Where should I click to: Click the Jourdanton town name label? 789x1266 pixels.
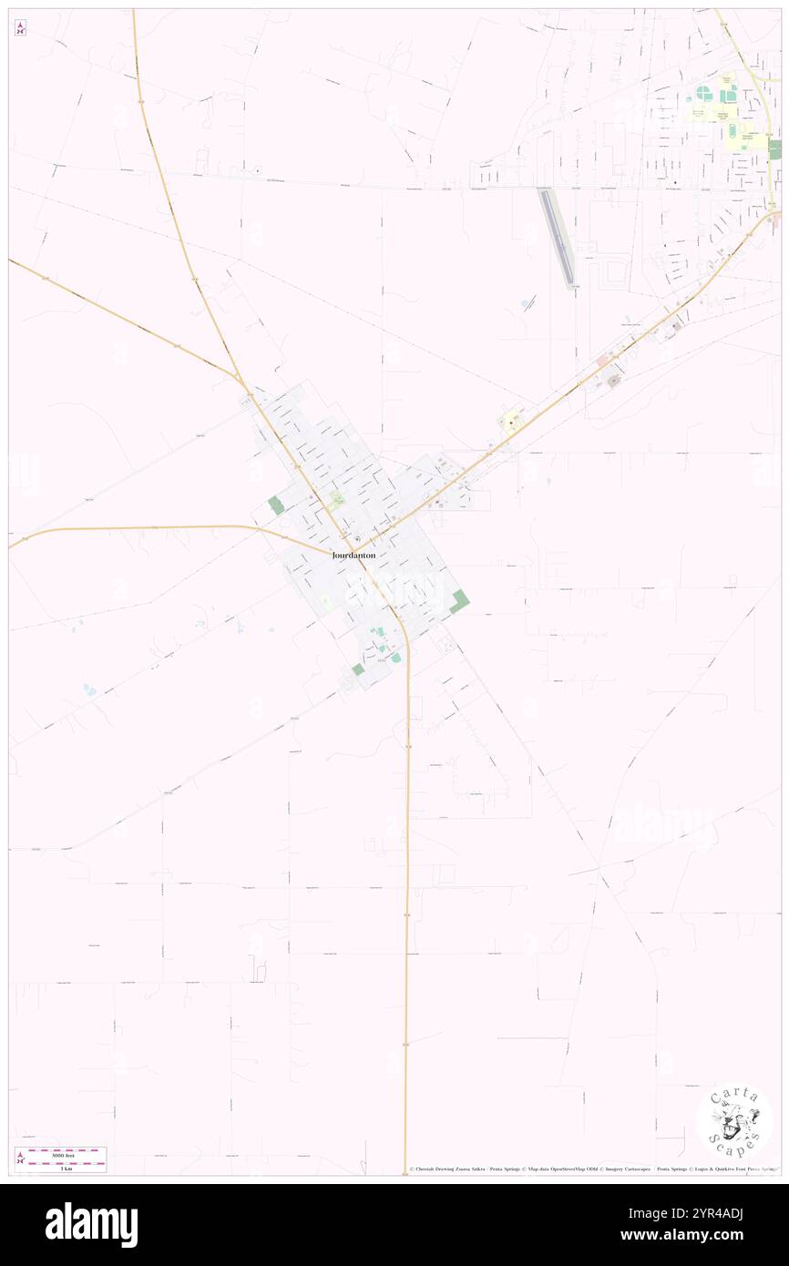click(354, 555)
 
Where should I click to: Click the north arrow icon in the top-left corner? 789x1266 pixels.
click(20, 29)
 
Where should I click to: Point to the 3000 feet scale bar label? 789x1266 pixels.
click(61, 1152)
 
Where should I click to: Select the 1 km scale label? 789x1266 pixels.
click(66, 1169)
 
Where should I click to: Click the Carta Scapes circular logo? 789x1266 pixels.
click(734, 1121)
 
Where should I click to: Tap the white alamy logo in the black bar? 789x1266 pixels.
click(91, 1225)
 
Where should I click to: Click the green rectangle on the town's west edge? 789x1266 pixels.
click(276, 505)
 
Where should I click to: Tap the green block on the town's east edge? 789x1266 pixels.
click(460, 601)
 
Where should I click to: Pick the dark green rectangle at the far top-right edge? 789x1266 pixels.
click(774, 149)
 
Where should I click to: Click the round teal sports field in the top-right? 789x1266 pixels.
click(704, 93)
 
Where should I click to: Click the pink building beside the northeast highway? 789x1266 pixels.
click(603, 362)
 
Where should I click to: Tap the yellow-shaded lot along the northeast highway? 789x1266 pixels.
click(509, 422)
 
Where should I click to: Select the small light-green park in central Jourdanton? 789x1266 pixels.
click(337, 498)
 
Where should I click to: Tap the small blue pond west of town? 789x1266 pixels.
click(89, 689)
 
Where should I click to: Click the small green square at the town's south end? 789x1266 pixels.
click(358, 669)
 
